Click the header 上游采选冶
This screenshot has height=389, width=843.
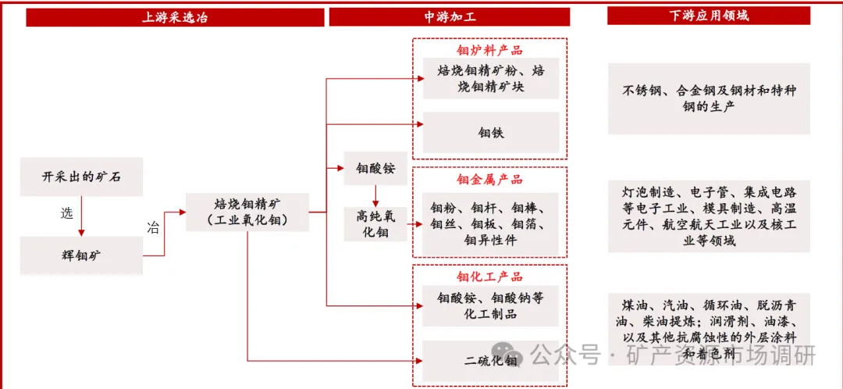click(175, 16)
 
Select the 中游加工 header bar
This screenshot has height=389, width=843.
click(450, 16)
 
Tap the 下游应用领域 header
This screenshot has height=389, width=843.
click(709, 16)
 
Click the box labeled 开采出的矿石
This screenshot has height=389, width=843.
click(82, 176)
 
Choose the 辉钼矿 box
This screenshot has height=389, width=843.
click(82, 255)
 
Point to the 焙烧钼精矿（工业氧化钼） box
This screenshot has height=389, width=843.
click(247, 212)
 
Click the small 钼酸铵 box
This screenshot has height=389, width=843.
click(375, 169)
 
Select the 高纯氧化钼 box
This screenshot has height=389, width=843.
click(375, 223)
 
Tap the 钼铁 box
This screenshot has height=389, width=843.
click(491, 132)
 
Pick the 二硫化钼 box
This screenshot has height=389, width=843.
click(491, 360)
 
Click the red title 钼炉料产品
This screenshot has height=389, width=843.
click(489, 50)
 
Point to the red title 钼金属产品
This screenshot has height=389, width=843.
click(489, 179)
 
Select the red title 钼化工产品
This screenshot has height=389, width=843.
click(489, 277)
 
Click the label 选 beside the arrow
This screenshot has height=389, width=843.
click(66, 213)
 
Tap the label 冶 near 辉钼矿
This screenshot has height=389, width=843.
click(153, 227)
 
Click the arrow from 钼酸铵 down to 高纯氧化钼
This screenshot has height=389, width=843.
click(375, 194)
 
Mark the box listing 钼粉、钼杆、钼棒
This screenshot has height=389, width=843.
click(491, 224)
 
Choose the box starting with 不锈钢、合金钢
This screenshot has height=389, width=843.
click(709, 98)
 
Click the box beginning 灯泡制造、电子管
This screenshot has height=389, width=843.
click(709, 216)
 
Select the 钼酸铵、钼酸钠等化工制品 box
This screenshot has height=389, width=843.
click(491, 305)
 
